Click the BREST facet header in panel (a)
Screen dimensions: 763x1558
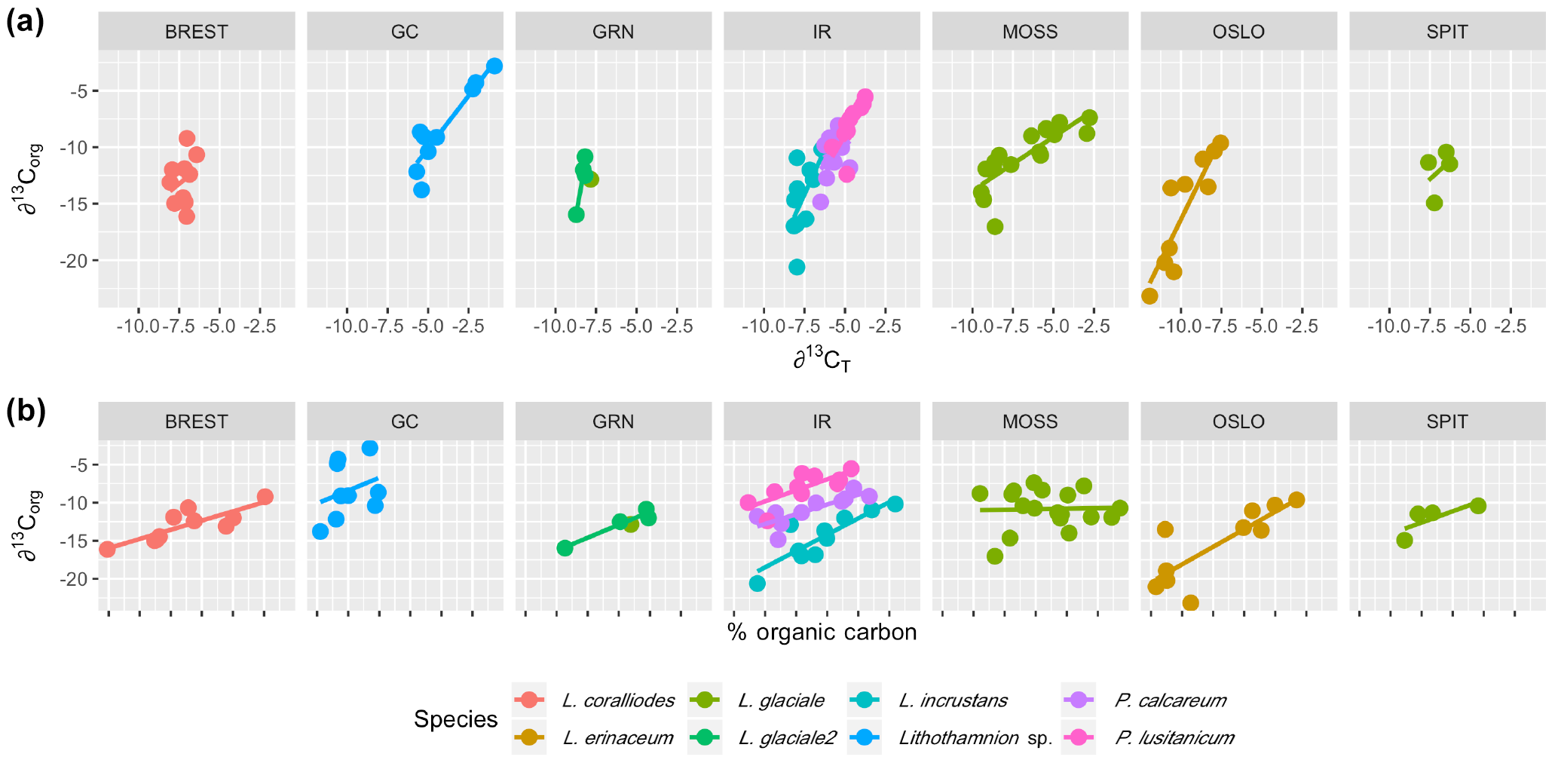[x=196, y=32]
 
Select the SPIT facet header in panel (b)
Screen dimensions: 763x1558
[x=1446, y=421]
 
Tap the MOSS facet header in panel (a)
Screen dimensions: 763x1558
[x=1030, y=32]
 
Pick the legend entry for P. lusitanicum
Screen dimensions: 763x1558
[x=1174, y=737]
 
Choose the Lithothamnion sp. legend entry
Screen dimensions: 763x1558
[x=975, y=737]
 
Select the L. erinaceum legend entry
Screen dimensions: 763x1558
[x=617, y=737]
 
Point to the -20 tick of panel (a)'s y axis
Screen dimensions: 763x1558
[x=78, y=260]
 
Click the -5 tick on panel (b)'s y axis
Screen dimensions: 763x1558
[x=78, y=464]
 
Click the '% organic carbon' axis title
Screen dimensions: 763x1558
[x=822, y=632]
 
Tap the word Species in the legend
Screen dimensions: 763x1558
[x=455, y=719]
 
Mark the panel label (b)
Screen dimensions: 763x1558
[x=26, y=412]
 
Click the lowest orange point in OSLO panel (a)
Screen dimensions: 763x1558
[x=1149, y=296]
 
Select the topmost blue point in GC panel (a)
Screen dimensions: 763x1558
[x=494, y=66]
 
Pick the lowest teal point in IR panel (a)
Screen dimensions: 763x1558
[x=797, y=267]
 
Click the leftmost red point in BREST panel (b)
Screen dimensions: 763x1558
[x=107, y=549]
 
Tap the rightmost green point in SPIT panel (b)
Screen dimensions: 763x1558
[x=1478, y=506]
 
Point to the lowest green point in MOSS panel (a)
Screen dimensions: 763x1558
[x=995, y=226]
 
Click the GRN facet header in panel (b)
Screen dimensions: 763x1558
[x=613, y=421]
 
